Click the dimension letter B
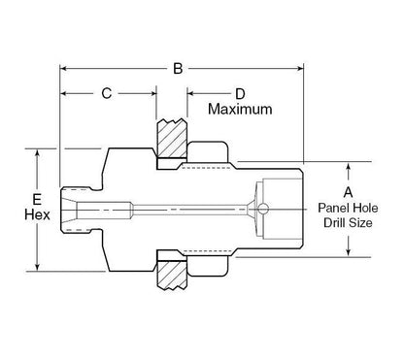coord(178,69)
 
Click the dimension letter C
coord(107,93)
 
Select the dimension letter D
coord(240,94)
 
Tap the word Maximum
coord(240,109)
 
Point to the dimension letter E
coord(37,199)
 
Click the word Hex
coord(37,214)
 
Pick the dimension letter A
coord(348,192)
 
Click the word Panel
coord(334,208)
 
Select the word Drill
coord(336,223)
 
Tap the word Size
coord(361,223)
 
